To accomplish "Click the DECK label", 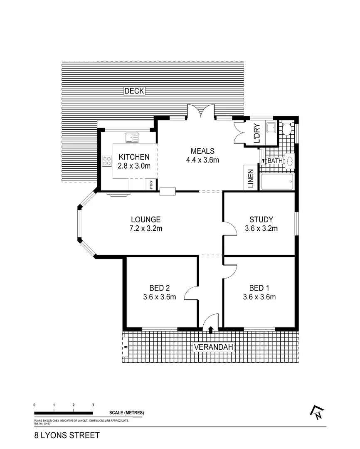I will tap(134, 91).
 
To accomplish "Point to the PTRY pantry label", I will tap(151, 184).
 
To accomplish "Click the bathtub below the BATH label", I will tap(277, 182).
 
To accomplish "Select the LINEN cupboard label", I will tap(251, 178).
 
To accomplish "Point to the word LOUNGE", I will tap(145, 220).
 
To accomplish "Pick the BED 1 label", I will tap(259, 288).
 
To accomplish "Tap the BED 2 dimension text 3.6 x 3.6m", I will tap(160, 297).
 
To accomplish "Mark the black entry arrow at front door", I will tap(211, 330).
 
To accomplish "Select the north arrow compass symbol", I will tap(316, 412).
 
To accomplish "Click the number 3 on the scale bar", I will tap(93, 405).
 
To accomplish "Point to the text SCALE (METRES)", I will tap(127, 412).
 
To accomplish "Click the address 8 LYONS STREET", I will tap(67, 435).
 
